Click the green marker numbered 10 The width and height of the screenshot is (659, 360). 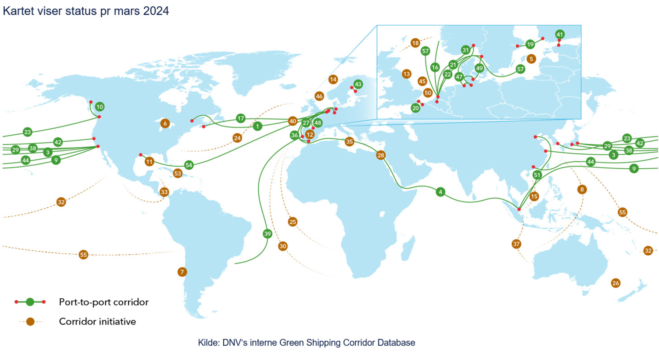[100, 107]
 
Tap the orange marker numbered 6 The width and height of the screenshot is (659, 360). [165, 123]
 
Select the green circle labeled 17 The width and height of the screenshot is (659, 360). [241, 118]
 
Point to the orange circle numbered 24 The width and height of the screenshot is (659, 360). [237, 138]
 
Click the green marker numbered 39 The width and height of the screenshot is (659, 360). [267, 234]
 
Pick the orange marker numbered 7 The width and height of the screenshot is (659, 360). [182, 272]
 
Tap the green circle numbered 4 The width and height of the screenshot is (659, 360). [440, 192]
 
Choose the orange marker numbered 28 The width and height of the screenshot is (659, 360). [381, 155]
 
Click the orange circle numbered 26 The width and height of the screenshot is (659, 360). [616, 283]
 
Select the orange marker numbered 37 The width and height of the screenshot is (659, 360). [516, 244]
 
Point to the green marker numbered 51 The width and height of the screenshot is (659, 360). [537, 175]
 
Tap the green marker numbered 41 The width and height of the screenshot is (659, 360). [560, 35]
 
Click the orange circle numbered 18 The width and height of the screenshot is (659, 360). [415, 43]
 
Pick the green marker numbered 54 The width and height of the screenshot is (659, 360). [189, 165]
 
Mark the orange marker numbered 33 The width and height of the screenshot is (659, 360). [164, 192]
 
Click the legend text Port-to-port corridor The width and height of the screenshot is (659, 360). [104, 302]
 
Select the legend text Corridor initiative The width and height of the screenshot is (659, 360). [97, 321]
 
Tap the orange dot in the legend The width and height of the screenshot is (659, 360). [30, 322]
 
